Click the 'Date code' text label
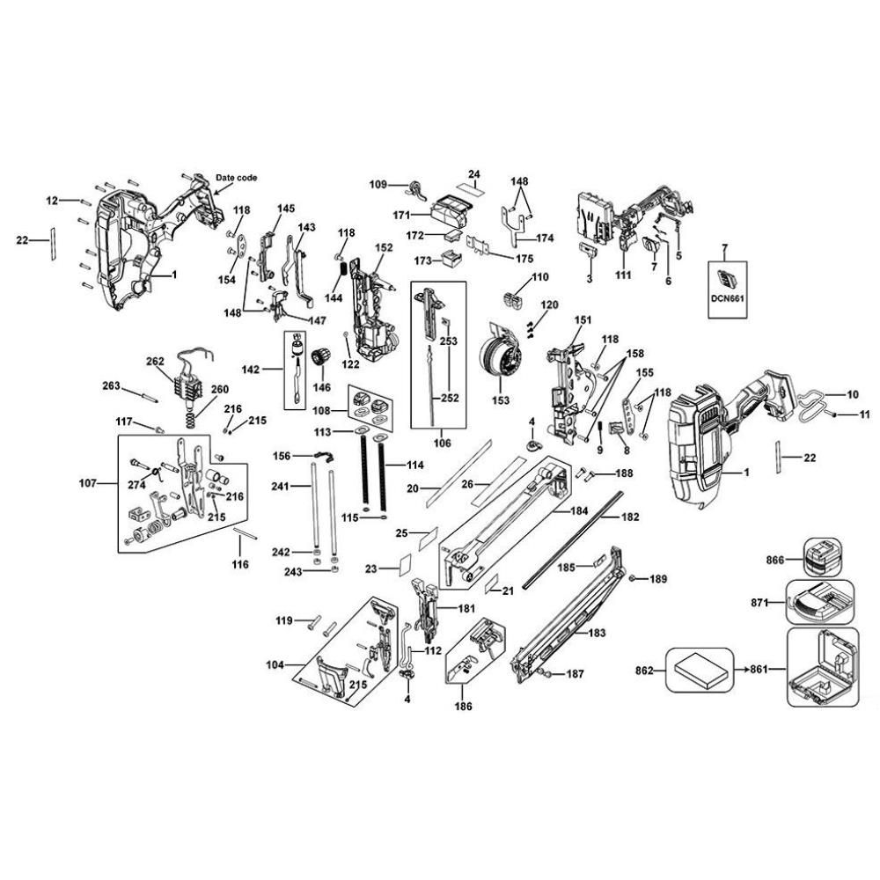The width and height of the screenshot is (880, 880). (x=236, y=178)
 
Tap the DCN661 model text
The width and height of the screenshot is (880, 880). (x=728, y=298)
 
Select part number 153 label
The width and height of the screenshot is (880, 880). (x=501, y=400)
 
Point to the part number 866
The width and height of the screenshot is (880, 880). (x=775, y=560)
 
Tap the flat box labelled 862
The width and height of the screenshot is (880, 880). (x=700, y=670)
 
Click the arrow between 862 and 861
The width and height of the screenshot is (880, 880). (x=743, y=670)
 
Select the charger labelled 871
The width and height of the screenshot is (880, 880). (x=820, y=602)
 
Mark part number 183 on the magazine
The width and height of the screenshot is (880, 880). (x=597, y=633)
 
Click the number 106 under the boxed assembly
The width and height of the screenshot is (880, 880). (x=443, y=444)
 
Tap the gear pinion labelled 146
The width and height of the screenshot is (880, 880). (x=321, y=356)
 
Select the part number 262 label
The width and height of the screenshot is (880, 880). (x=155, y=362)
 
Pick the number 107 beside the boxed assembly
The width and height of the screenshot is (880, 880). (x=87, y=482)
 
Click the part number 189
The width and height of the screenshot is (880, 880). (x=658, y=579)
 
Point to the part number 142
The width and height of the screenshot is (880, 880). (x=250, y=370)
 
